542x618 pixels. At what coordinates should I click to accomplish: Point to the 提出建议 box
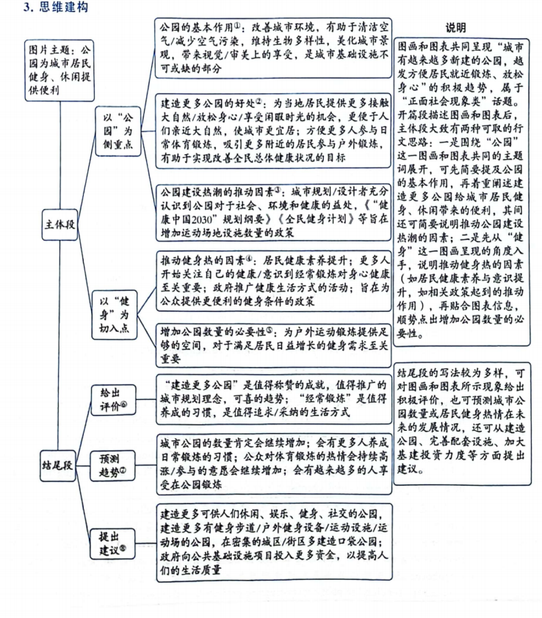114,541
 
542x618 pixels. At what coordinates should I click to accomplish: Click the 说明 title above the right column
457,28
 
